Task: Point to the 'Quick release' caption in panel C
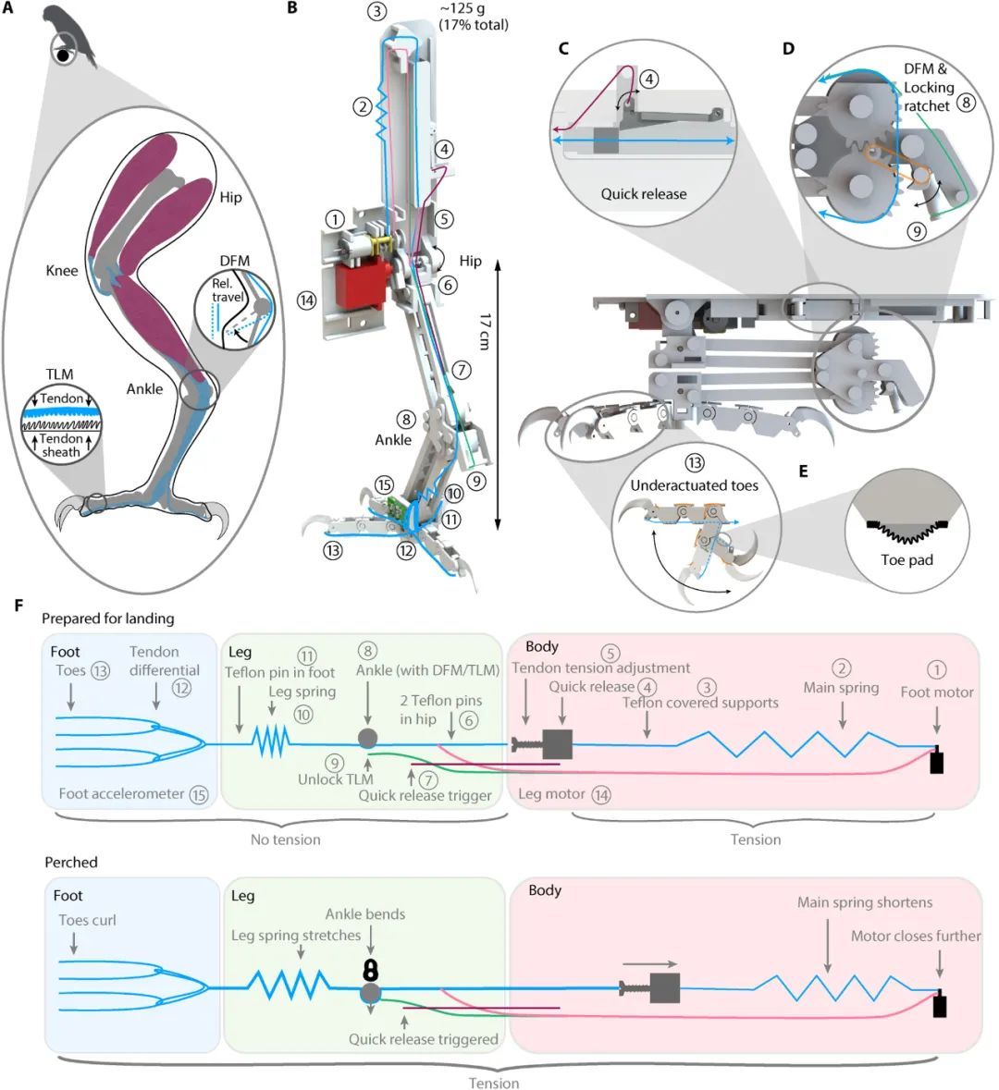pyautogui.click(x=643, y=193)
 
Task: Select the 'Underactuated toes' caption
pyautogui.click(x=694, y=485)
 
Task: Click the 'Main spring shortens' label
pyautogui.click(x=864, y=901)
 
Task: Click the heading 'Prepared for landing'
pyautogui.click(x=107, y=618)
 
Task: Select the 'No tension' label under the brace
pyautogui.click(x=286, y=839)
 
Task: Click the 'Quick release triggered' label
pyautogui.click(x=423, y=1038)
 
